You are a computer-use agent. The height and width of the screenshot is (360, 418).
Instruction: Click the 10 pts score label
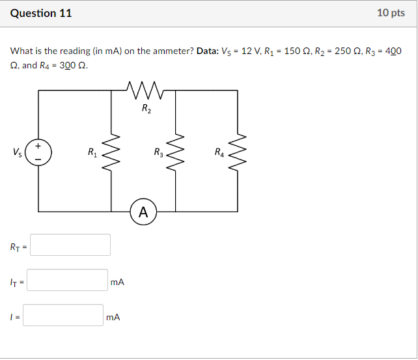pyautogui.click(x=391, y=13)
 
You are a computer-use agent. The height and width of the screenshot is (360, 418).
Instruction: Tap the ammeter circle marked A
pyautogui.click(x=143, y=212)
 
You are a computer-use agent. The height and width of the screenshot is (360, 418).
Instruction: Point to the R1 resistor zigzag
pyautogui.click(x=111, y=154)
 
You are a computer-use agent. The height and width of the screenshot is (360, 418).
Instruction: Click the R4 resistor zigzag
pyautogui.click(x=238, y=154)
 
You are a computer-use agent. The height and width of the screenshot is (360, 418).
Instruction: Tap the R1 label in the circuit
pyautogui.click(x=92, y=153)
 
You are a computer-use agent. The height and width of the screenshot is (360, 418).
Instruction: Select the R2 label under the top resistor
pyautogui.click(x=146, y=109)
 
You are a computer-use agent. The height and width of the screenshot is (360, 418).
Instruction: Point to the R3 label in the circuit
pyautogui.click(x=159, y=153)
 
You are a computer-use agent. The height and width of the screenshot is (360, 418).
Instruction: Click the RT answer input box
pyautogui.click(x=70, y=245)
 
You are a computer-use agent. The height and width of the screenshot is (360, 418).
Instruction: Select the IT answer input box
pyautogui.click(x=68, y=281)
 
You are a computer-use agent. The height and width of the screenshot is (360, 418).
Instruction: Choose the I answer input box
pyautogui.click(x=65, y=316)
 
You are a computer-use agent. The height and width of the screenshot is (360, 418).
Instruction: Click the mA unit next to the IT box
pyautogui.click(x=117, y=282)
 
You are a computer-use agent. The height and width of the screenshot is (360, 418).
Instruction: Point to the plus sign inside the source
pyautogui.click(x=38, y=146)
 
